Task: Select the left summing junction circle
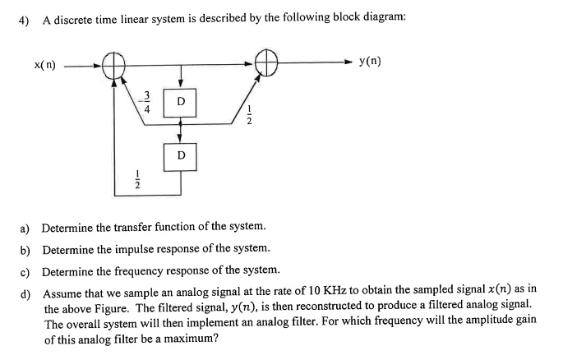pyautogui.click(x=113, y=64)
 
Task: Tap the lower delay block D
pyautogui.click(x=181, y=154)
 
